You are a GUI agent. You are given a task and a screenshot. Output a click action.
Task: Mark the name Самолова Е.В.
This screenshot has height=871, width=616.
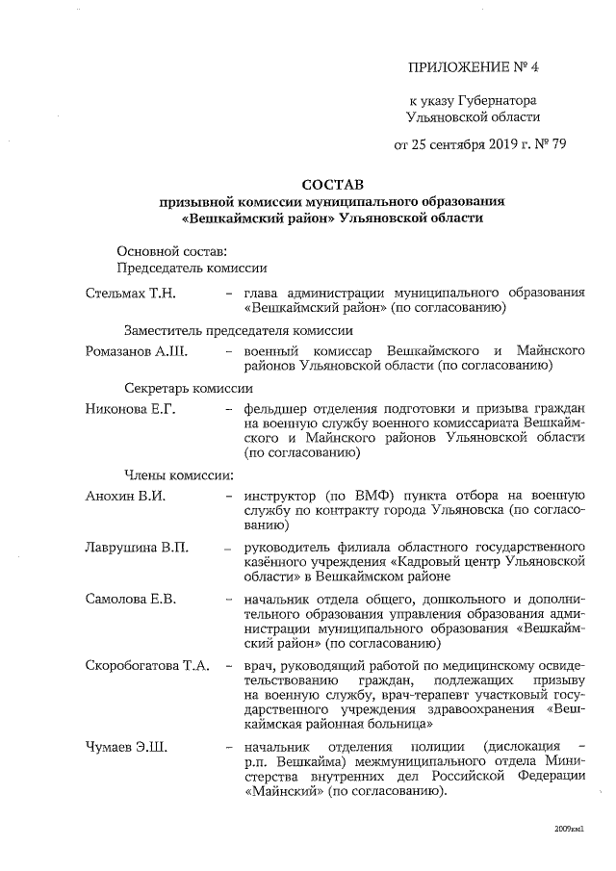click(130, 599)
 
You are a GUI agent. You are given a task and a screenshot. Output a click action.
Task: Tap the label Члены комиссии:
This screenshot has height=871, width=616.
click(179, 474)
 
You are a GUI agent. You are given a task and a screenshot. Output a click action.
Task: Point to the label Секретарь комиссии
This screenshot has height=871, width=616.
click(189, 389)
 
